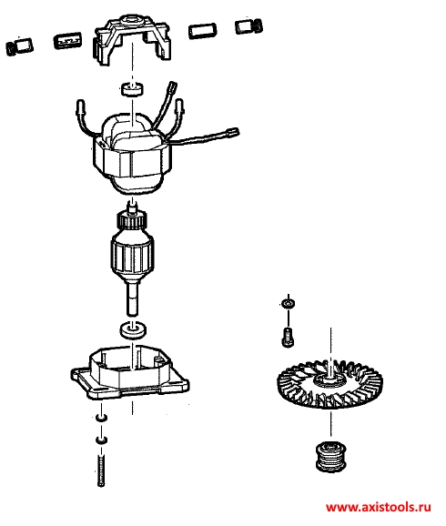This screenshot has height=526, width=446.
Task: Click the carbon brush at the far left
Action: point(20,47)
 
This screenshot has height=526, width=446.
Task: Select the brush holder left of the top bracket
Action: point(67,41)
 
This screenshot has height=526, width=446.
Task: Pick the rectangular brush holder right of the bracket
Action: point(202,31)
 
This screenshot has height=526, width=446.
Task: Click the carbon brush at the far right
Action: point(249,25)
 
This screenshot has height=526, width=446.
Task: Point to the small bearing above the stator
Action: point(132,89)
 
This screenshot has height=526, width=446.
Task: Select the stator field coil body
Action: point(133,155)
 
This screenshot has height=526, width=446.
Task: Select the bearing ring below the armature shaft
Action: point(133,329)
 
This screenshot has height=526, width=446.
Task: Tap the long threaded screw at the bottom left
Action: point(101,470)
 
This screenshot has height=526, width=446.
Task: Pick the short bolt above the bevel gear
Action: point(288,337)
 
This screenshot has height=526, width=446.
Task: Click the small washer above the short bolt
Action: point(289,304)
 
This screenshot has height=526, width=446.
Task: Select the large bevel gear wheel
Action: point(330,384)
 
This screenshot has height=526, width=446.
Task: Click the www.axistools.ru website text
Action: point(379,507)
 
